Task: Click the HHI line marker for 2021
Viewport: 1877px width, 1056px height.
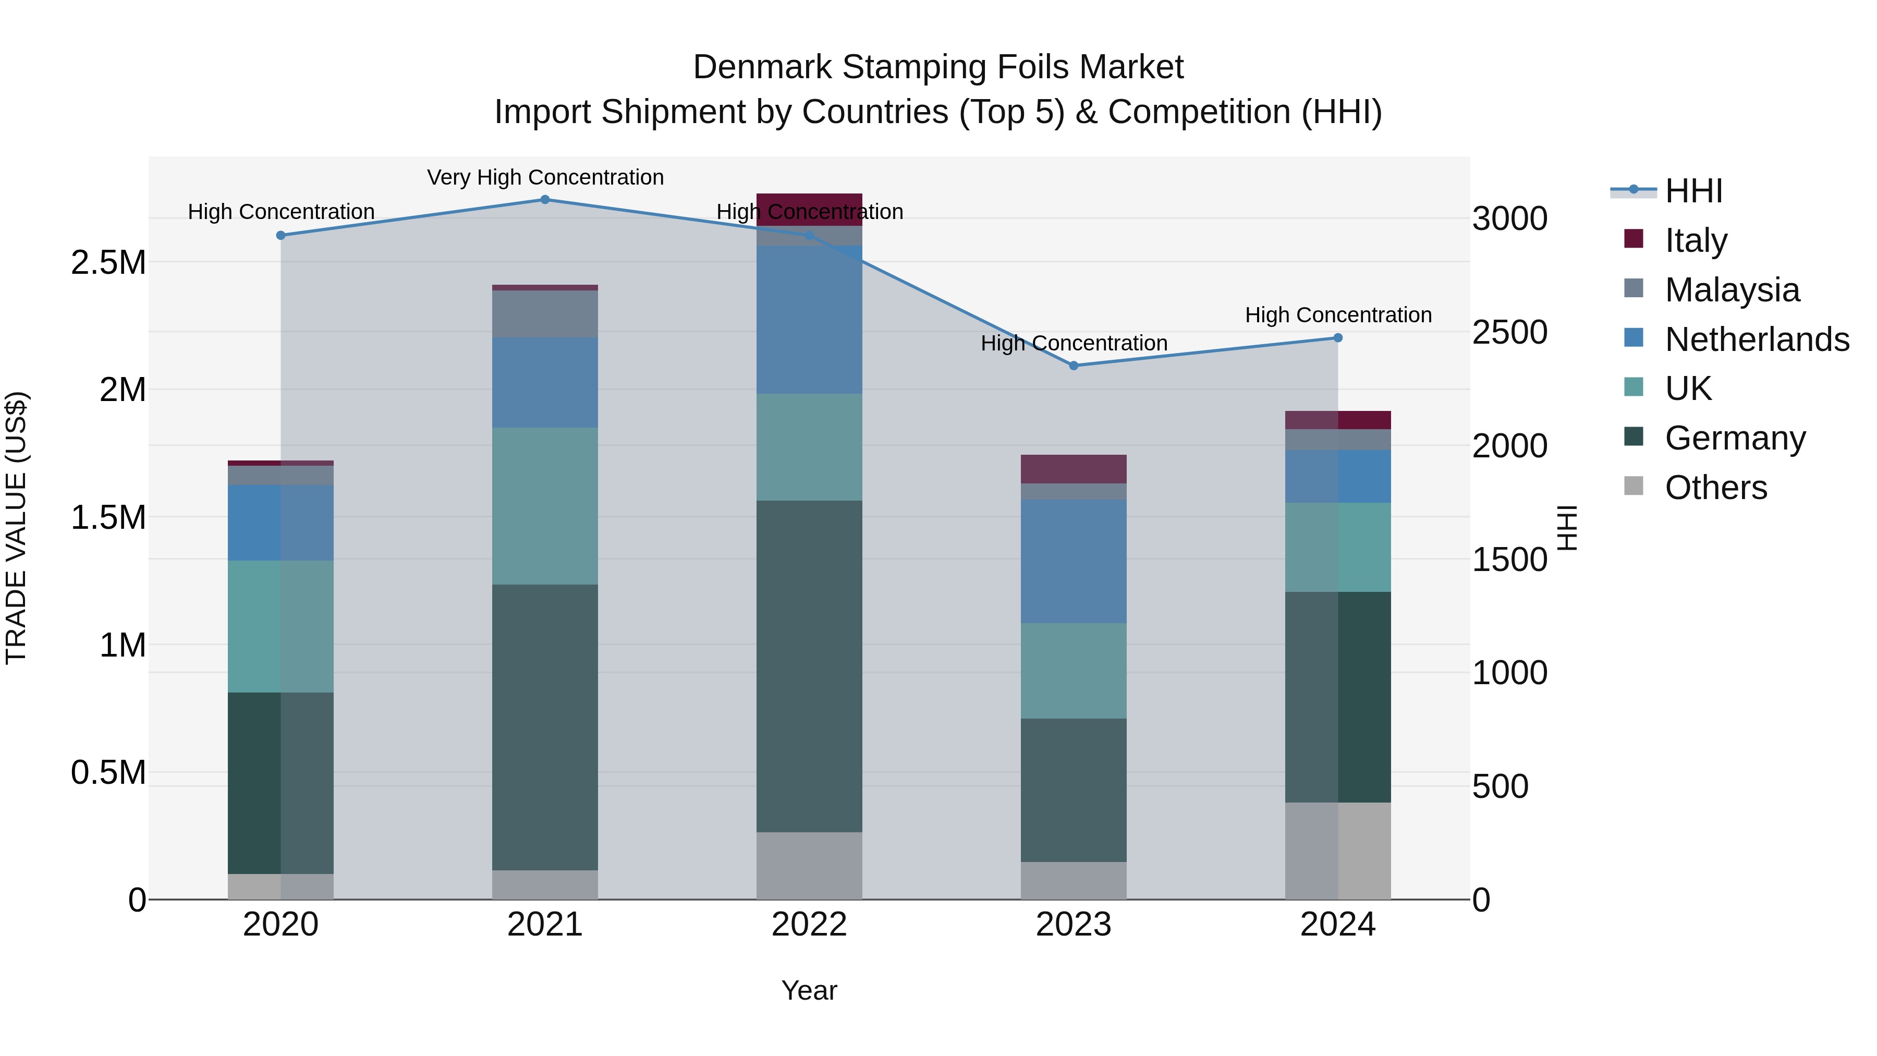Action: pyautogui.click(x=545, y=200)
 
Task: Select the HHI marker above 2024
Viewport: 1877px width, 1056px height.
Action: pyautogui.click(x=1338, y=338)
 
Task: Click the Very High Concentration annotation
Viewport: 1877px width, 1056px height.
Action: pyautogui.click(x=545, y=177)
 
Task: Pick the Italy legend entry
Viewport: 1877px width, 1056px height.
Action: pyautogui.click(x=1695, y=240)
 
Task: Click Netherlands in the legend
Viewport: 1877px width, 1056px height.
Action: pyautogui.click(x=1756, y=339)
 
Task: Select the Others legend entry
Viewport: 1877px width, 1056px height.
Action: pyautogui.click(x=1715, y=487)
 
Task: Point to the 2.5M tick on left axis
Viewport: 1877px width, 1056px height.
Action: pyautogui.click(x=108, y=262)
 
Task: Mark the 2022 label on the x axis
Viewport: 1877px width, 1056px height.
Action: pyautogui.click(x=809, y=925)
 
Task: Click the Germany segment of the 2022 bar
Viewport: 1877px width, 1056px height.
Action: pyautogui.click(x=809, y=666)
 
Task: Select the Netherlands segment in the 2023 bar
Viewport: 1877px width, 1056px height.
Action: pyautogui.click(x=1074, y=561)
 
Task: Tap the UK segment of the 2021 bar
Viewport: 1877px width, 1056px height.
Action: pyautogui.click(x=545, y=506)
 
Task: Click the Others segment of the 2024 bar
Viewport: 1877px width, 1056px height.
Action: pyautogui.click(x=1338, y=851)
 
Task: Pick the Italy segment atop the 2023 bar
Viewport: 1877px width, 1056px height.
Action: pyautogui.click(x=1074, y=469)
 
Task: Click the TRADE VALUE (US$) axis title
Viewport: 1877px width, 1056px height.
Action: pyautogui.click(x=16, y=528)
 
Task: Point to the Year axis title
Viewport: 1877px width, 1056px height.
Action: pyautogui.click(x=809, y=990)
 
